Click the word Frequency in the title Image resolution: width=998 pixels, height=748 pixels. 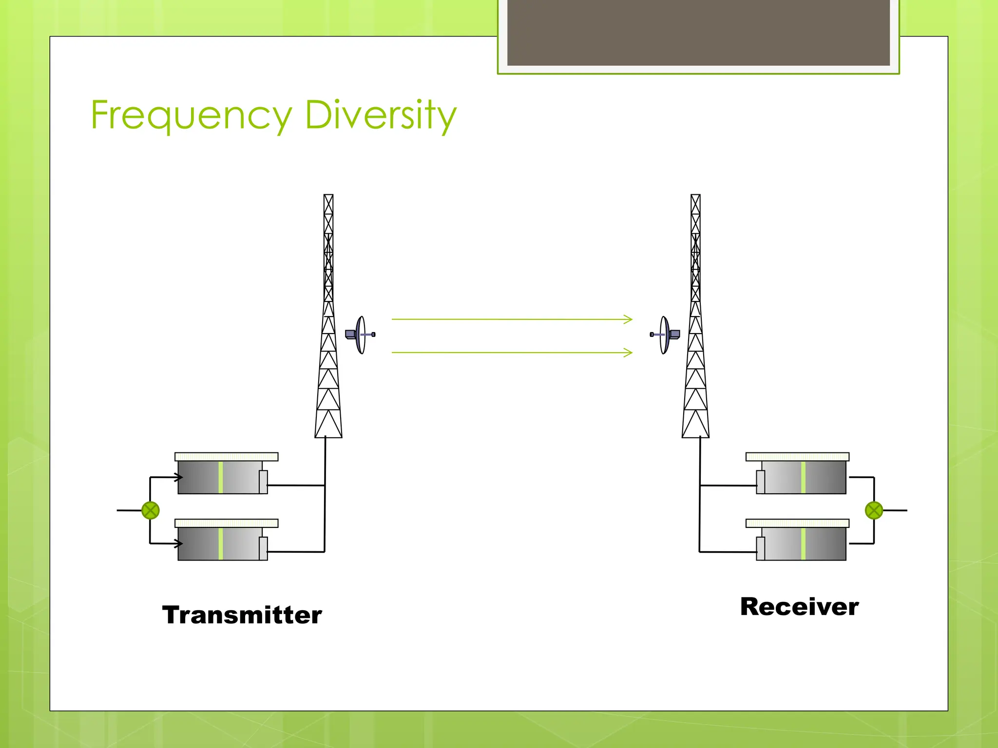(x=191, y=115)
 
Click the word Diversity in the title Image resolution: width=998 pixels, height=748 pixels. (x=381, y=115)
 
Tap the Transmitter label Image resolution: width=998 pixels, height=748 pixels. (x=242, y=615)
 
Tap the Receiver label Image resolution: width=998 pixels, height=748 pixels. (x=799, y=607)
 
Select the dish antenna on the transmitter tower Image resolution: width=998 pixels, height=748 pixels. (x=361, y=335)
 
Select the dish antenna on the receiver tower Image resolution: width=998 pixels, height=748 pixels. (x=665, y=335)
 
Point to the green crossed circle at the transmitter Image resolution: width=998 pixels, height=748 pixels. (x=151, y=510)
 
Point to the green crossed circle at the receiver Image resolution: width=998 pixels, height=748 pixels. (x=874, y=510)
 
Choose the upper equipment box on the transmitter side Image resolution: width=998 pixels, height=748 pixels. (x=222, y=477)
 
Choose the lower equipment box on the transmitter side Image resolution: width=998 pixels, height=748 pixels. (x=222, y=543)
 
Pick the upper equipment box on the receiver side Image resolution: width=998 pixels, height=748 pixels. (x=802, y=477)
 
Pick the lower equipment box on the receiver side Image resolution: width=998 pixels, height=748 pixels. (x=802, y=543)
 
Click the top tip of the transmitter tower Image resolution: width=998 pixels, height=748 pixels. (x=328, y=196)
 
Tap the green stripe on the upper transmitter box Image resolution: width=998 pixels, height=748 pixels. (x=221, y=477)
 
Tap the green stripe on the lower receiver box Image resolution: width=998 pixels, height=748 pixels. (x=803, y=543)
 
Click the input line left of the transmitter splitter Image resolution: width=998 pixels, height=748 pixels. (x=129, y=510)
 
